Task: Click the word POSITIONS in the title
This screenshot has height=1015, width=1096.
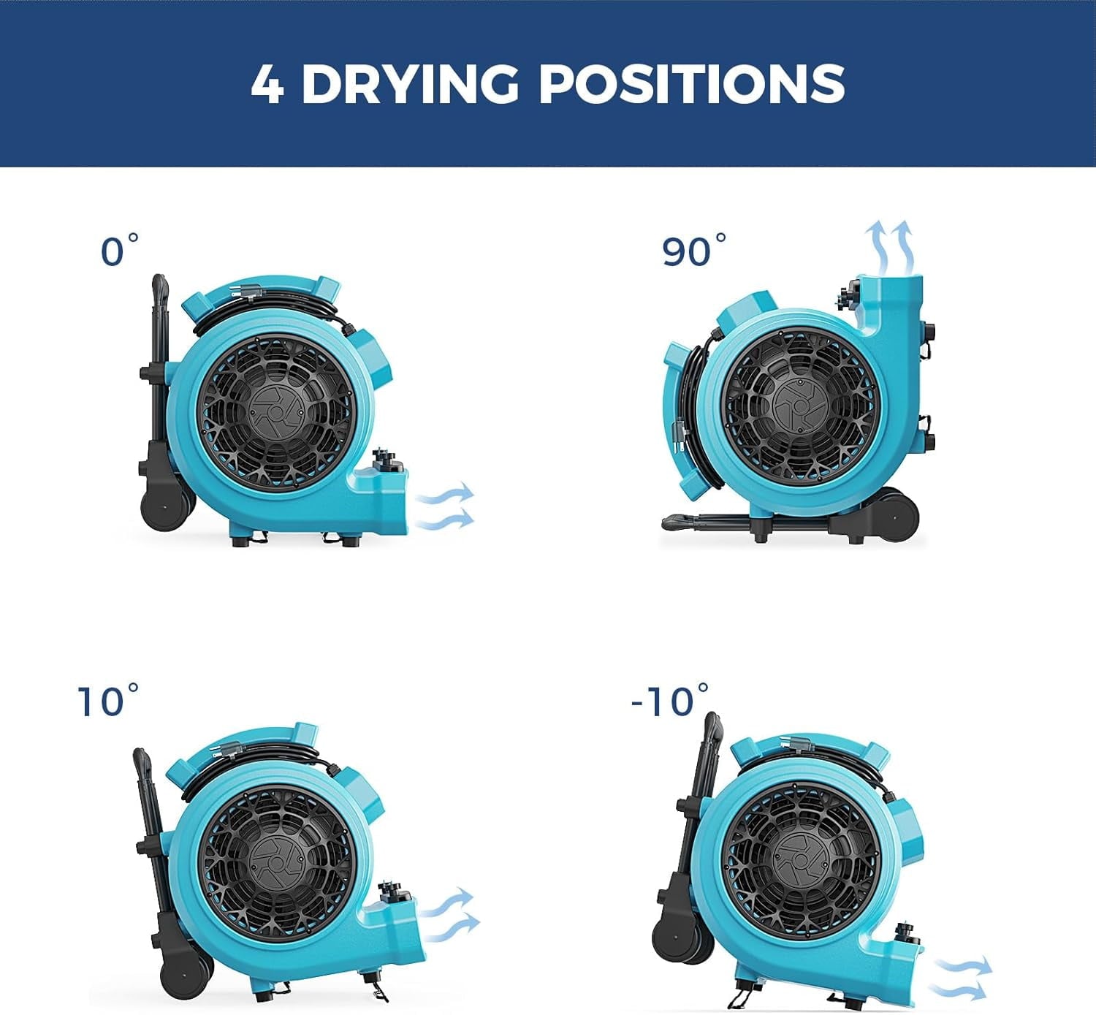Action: click(691, 83)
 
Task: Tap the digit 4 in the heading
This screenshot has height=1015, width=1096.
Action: click(267, 84)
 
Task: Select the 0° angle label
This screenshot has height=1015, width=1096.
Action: click(119, 251)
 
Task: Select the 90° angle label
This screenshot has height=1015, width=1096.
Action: click(693, 251)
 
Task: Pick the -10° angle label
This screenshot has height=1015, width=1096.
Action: click(669, 701)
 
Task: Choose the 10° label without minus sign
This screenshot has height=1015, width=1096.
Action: click(108, 701)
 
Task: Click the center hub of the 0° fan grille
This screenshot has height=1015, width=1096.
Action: click(275, 411)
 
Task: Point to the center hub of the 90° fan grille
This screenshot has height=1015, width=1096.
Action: click(799, 407)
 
